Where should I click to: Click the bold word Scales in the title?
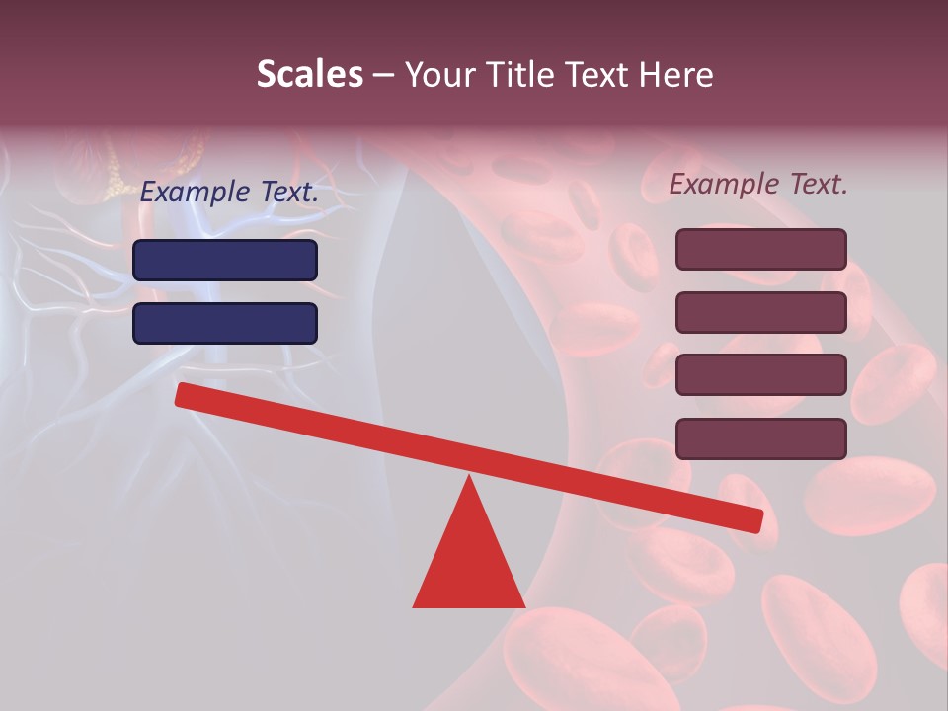309,74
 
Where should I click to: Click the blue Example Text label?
229,193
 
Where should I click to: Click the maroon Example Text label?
758,184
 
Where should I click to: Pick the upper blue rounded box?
225,260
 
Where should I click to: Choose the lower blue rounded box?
225,323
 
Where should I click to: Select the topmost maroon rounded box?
760,249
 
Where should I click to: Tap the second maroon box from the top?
760,312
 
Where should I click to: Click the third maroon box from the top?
760,375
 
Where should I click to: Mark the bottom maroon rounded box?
760,438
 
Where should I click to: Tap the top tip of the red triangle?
469,480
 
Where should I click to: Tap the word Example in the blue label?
195,193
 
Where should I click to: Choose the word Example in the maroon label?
724,184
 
